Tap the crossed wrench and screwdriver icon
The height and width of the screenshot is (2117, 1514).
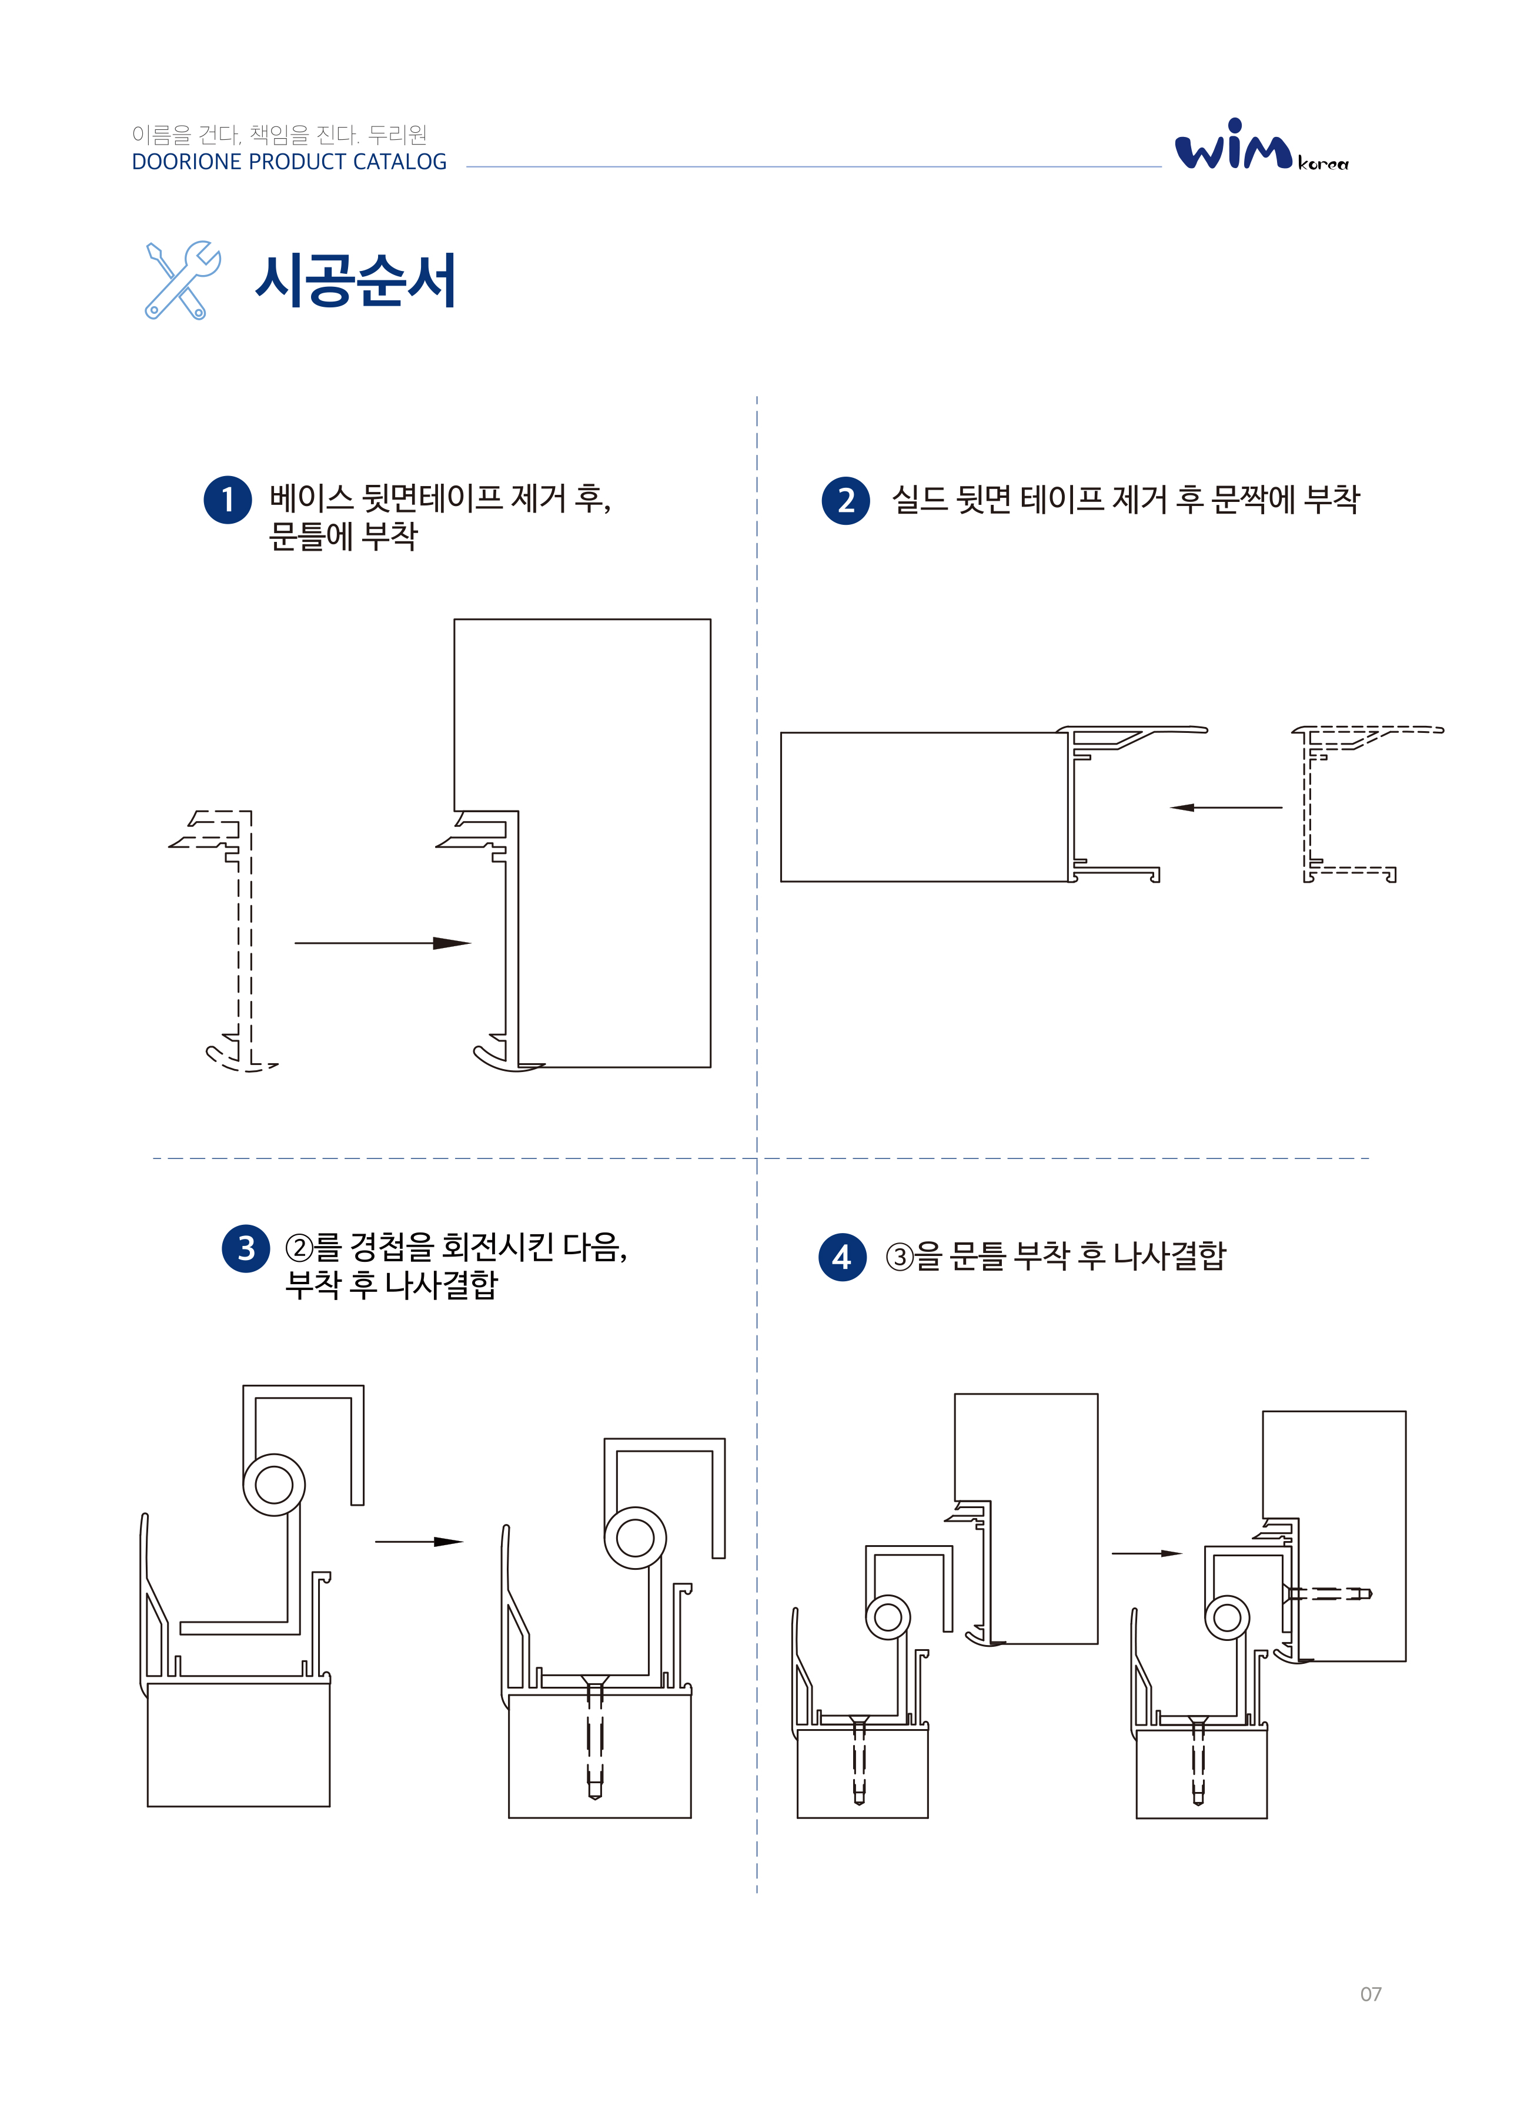(183, 280)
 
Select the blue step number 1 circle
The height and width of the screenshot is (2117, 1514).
(228, 500)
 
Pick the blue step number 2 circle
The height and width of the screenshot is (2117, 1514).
(845, 500)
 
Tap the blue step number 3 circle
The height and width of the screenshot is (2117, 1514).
(245, 1248)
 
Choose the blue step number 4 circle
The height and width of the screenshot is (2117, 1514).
(842, 1257)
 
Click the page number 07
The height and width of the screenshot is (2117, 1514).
(1369, 1994)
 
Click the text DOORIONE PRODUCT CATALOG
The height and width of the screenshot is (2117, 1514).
(289, 162)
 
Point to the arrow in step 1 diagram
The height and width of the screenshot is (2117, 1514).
(382, 943)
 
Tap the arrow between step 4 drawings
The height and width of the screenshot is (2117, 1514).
(1146, 1553)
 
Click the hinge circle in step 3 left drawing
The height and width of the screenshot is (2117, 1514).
(274, 1485)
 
